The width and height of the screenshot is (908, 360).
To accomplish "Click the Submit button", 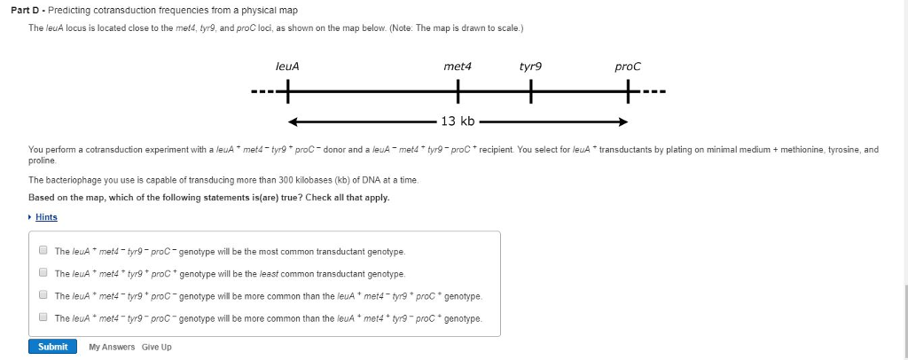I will tap(52, 347).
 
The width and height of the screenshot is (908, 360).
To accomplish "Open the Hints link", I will tap(46, 217).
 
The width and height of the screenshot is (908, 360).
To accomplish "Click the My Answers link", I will tap(112, 347).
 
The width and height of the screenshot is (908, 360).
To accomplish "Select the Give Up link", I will tap(157, 347).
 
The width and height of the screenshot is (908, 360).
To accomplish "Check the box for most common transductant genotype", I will tap(43, 251).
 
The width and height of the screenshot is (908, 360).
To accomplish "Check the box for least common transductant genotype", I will tap(43, 273).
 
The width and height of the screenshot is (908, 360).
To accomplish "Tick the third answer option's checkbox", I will tap(43, 295).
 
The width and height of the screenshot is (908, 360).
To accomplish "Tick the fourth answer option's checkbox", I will tap(43, 317).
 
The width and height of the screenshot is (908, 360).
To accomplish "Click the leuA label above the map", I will tap(287, 67).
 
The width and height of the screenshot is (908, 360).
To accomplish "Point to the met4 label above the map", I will tap(458, 67).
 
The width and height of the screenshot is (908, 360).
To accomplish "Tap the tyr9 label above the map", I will tap(532, 67).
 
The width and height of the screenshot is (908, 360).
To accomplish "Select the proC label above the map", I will tap(627, 67).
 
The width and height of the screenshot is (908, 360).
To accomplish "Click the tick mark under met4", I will tap(458, 90).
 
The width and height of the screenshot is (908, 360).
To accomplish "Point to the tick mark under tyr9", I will tap(532, 90).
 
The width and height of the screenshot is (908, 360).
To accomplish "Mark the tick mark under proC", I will tap(627, 90).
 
